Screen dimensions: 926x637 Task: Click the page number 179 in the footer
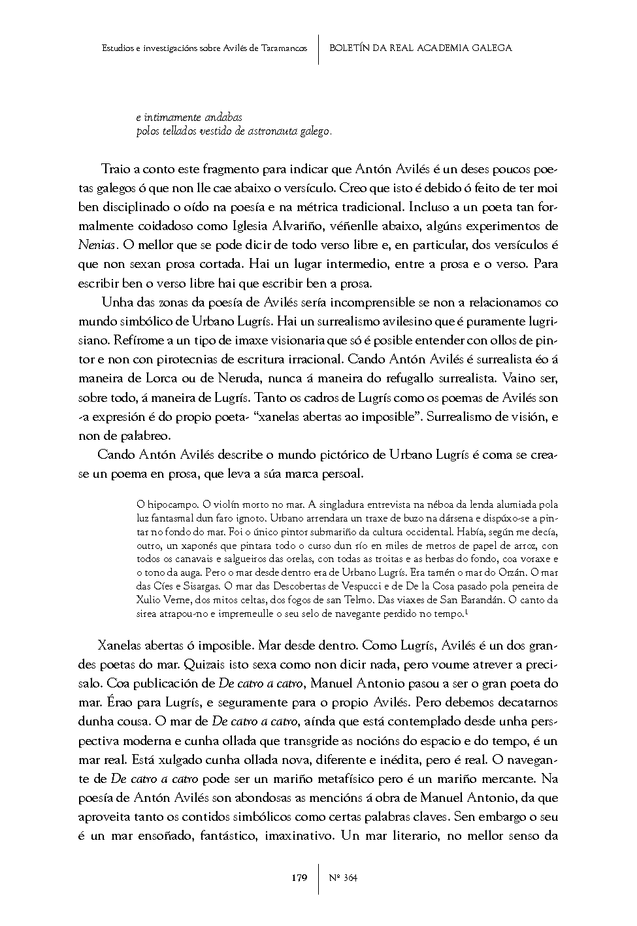[299, 878]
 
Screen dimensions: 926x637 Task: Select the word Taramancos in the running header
[284, 48]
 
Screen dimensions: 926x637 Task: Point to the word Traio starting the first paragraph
[116, 169]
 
